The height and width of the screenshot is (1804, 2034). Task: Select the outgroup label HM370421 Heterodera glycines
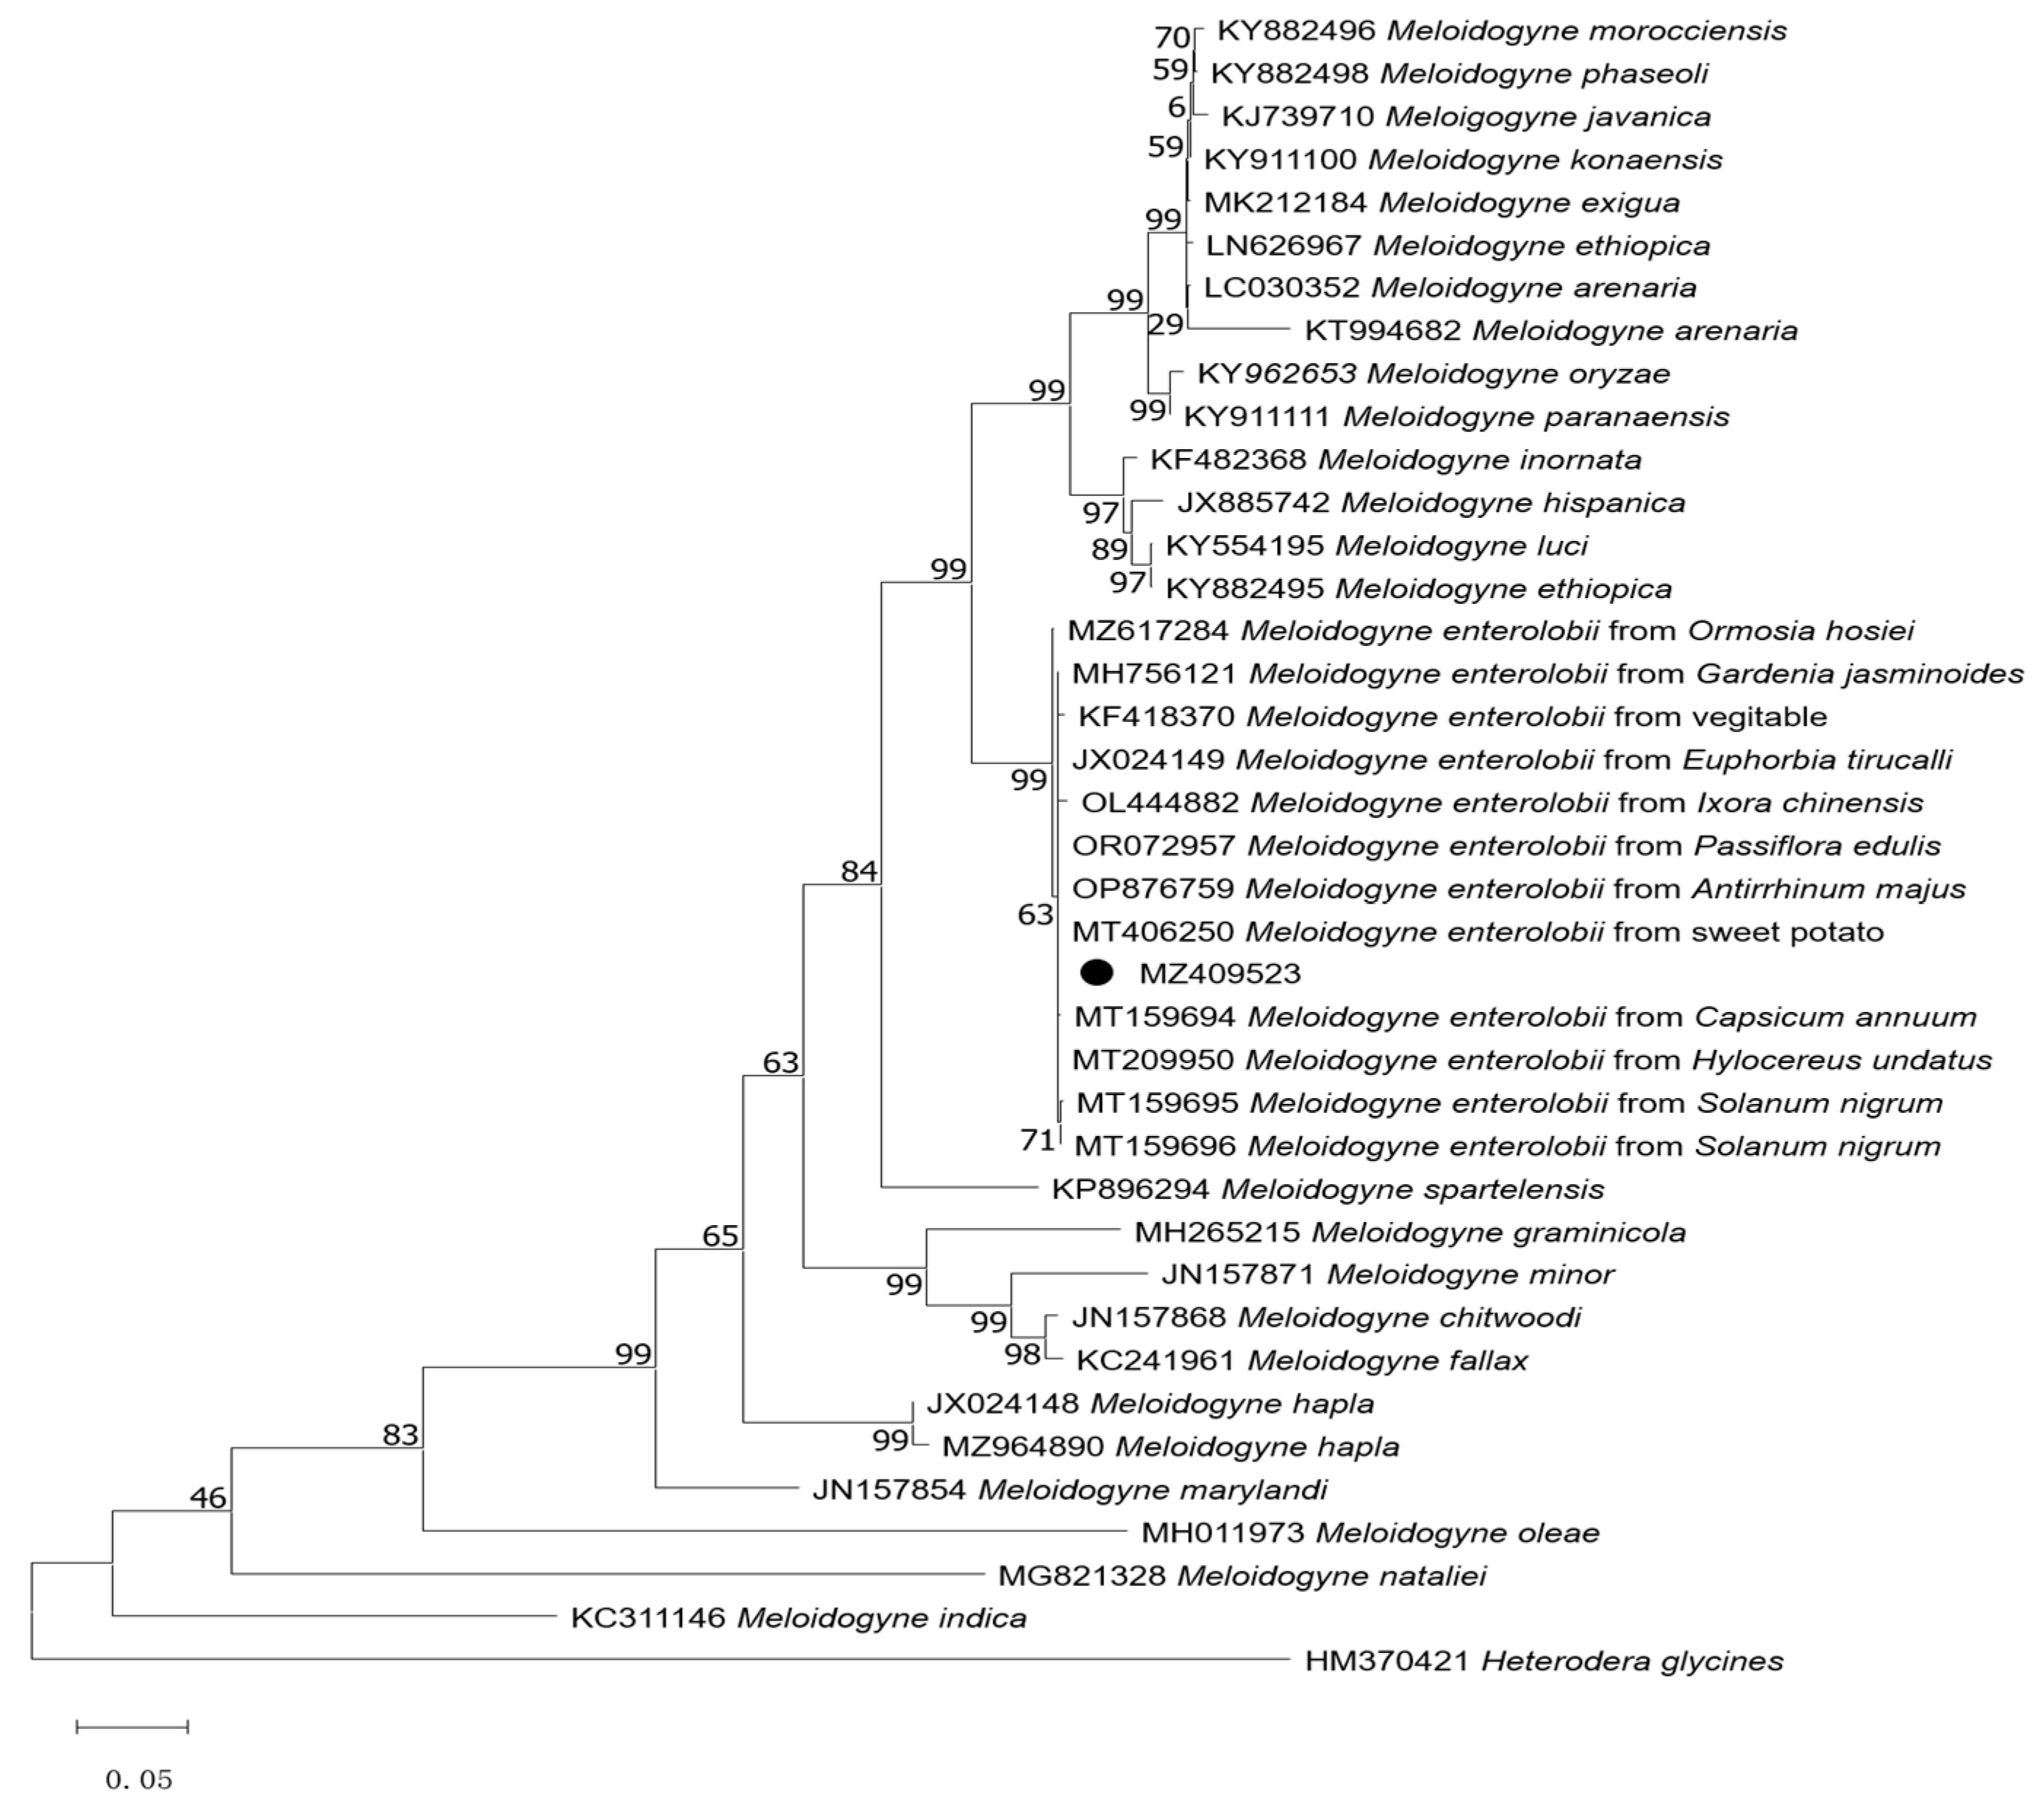(1545, 1660)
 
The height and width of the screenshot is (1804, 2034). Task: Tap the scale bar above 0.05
(132, 1727)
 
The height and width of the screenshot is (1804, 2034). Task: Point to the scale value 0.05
(139, 1779)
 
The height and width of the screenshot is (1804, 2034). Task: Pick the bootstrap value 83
(401, 1435)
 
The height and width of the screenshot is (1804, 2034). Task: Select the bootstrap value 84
(859, 871)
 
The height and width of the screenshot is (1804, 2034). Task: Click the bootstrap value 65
(721, 1236)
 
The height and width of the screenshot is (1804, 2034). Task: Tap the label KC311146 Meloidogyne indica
(798, 1618)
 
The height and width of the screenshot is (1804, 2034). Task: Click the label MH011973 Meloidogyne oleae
(1370, 1532)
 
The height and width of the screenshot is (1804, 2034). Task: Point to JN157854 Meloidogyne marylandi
(1070, 1490)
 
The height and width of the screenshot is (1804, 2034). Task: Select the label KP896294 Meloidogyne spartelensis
(1327, 1189)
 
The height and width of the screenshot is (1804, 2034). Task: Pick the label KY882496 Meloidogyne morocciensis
(1502, 31)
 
